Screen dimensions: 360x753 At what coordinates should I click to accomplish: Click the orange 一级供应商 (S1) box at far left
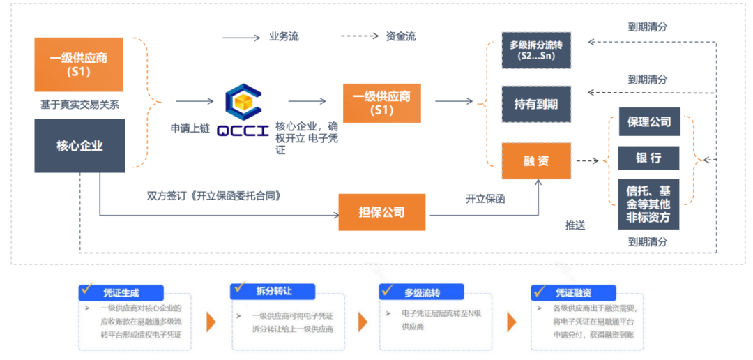click(79, 64)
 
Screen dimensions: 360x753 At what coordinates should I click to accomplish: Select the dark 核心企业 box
click(79, 146)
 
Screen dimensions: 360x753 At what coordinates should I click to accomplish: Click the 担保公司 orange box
click(381, 211)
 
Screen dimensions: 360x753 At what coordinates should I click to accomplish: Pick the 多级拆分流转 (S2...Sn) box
click(536, 50)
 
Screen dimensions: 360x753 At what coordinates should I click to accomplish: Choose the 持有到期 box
click(536, 105)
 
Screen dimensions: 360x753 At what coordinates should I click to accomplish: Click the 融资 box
click(536, 160)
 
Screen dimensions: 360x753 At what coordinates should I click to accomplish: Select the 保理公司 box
click(648, 121)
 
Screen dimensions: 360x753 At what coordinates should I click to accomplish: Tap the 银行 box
click(648, 158)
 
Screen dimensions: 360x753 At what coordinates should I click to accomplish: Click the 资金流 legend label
click(401, 36)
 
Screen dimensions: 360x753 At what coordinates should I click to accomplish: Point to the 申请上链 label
click(190, 129)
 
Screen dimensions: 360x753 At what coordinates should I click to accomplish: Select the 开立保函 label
click(485, 199)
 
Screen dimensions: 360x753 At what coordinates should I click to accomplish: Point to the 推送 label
click(575, 225)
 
